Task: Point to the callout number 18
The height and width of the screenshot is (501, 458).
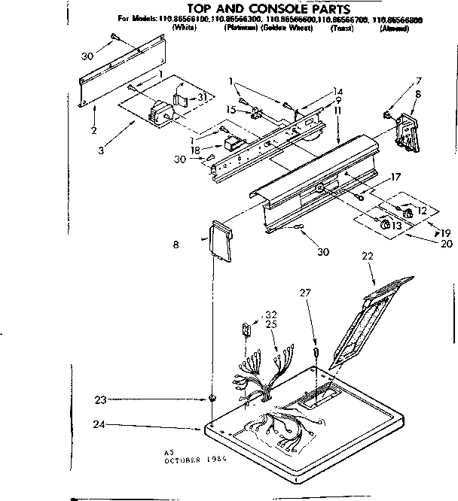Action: (196, 150)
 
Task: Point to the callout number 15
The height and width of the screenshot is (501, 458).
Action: (232, 110)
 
